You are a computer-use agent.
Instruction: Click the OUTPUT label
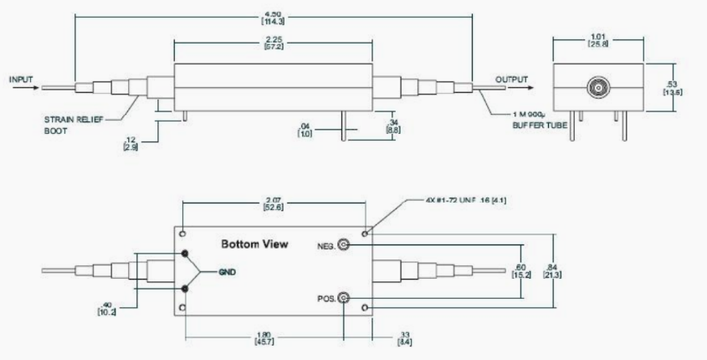point(511,80)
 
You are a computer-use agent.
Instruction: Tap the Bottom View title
point(254,245)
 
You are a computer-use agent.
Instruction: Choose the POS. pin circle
point(343,299)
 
